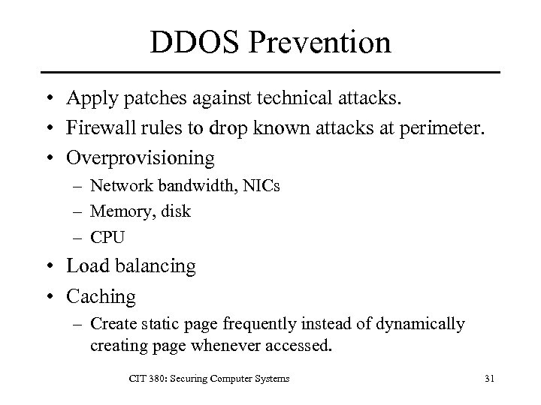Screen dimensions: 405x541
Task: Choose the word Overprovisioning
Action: point(140,158)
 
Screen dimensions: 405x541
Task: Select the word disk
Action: point(174,211)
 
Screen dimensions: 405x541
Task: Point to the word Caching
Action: point(101,296)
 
